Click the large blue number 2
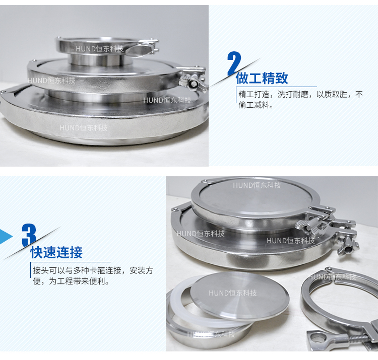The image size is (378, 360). pos(234,63)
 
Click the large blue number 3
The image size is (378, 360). pos(29,235)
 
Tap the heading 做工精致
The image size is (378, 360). pos(262,78)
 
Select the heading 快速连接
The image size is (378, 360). pos(56,253)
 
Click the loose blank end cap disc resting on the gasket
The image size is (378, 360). pos(239,296)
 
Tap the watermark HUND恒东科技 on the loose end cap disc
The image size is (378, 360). pos(233,293)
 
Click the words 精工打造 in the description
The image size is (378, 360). pos(254,94)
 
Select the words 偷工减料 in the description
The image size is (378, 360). pos(254,105)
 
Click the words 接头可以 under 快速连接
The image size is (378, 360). pos(49,270)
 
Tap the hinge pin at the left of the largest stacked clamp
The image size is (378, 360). pos(3,92)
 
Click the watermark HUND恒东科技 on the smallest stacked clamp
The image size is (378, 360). pos(100,49)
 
